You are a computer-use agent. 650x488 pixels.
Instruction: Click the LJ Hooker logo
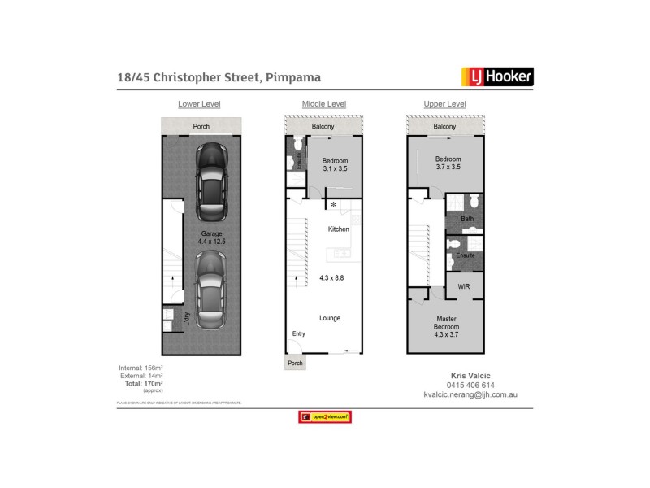(x=497, y=77)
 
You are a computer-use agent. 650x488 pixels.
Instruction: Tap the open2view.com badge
(x=324, y=417)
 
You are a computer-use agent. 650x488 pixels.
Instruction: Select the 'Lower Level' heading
(x=200, y=104)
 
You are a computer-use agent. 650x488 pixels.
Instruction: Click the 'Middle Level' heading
(x=323, y=104)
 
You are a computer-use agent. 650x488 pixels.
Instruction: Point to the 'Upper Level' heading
(x=444, y=104)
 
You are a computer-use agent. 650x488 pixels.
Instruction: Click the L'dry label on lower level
(x=186, y=320)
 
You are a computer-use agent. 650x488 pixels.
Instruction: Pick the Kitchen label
(x=338, y=229)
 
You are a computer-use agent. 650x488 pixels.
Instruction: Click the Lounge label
(x=330, y=318)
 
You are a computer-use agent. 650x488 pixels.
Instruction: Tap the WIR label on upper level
(x=463, y=287)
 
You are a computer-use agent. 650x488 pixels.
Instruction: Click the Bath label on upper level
(x=466, y=219)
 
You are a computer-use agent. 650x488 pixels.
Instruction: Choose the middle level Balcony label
(x=323, y=127)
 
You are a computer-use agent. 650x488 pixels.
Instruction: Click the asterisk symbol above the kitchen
(x=333, y=205)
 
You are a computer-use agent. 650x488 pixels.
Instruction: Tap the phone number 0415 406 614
(x=470, y=385)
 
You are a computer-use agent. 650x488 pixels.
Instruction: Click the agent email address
(x=470, y=394)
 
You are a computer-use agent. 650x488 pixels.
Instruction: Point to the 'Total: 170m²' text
(x=136, y=384)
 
